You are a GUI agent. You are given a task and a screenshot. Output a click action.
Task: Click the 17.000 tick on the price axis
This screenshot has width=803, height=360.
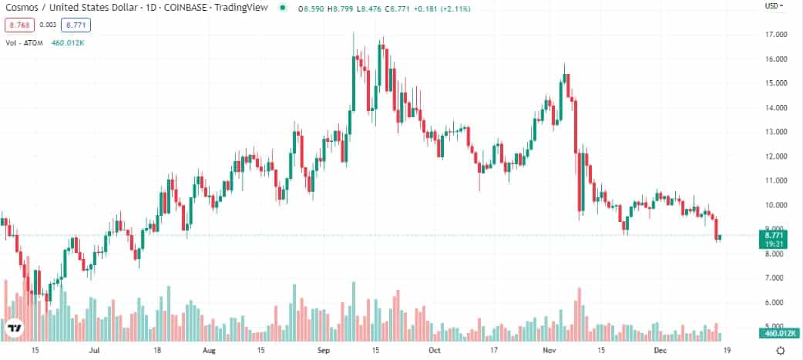pos(775,35)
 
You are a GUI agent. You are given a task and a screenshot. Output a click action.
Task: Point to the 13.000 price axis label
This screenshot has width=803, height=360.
pos(775,132)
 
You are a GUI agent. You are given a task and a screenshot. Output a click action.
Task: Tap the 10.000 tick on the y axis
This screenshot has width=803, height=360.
pos(775,205)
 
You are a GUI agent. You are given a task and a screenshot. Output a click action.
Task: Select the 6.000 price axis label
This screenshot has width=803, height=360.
pos(775,302)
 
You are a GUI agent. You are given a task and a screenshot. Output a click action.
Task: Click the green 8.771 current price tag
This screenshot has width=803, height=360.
pos(776,235)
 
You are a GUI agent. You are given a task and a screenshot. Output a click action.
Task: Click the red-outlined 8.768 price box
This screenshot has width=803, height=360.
pos(18,25)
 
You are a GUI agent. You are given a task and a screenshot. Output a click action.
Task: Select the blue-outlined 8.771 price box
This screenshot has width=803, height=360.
pos(76,25)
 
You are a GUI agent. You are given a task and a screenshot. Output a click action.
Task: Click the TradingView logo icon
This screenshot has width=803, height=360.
pos(15,330)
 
